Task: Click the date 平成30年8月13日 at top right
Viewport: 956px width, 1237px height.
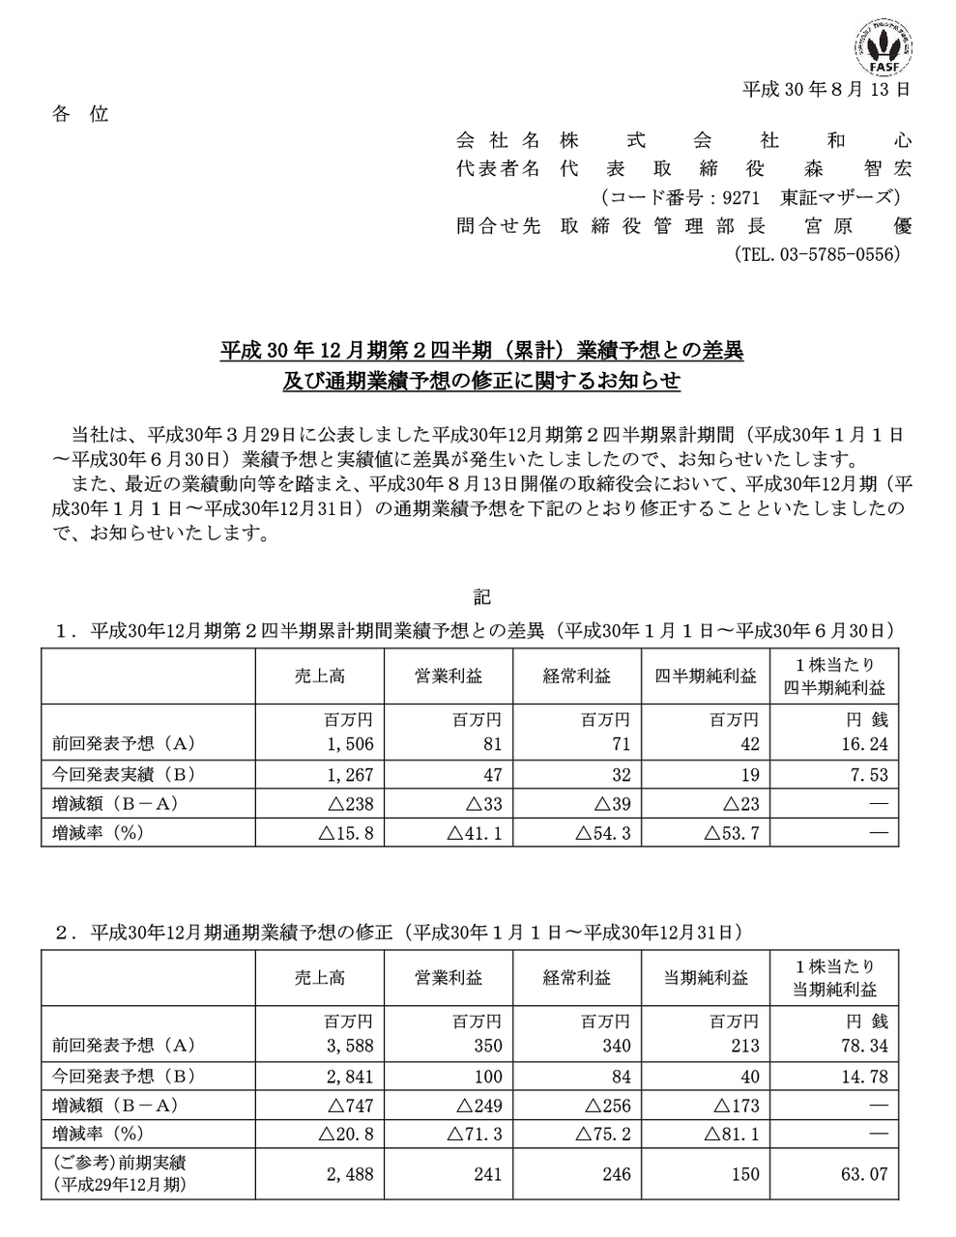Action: (826, 90)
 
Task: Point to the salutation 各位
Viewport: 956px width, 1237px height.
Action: (80, 114)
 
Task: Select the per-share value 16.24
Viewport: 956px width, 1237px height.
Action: (866, 744)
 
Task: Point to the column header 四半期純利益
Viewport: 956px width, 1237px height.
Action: (706, 676)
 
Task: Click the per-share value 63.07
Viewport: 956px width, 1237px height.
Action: (866, 1173)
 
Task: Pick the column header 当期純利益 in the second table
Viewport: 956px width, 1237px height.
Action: (706, 978)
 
